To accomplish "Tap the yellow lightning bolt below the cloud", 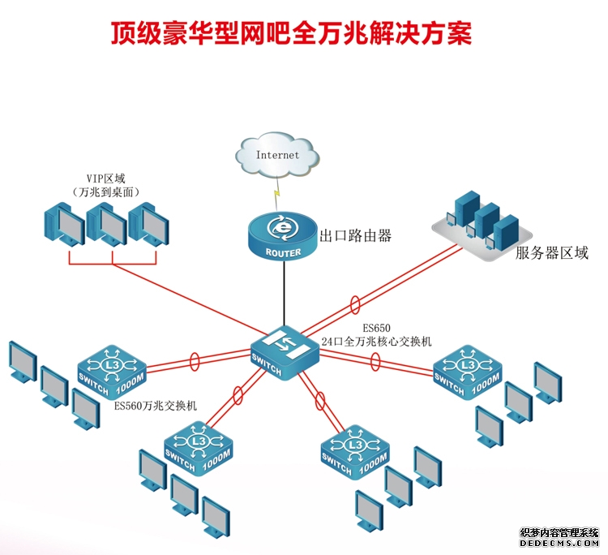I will point(278,195).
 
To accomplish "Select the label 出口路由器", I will point(356,236).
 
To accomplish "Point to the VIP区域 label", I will point(105,178).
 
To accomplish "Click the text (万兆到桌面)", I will point(105,191).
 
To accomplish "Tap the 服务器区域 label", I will point(552,253).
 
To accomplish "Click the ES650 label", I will point(376,328).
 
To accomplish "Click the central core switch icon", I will point(282,351).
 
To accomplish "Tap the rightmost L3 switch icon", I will point(468,372).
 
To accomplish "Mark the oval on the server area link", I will point(354,305).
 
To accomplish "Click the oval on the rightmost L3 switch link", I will point(375,361).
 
